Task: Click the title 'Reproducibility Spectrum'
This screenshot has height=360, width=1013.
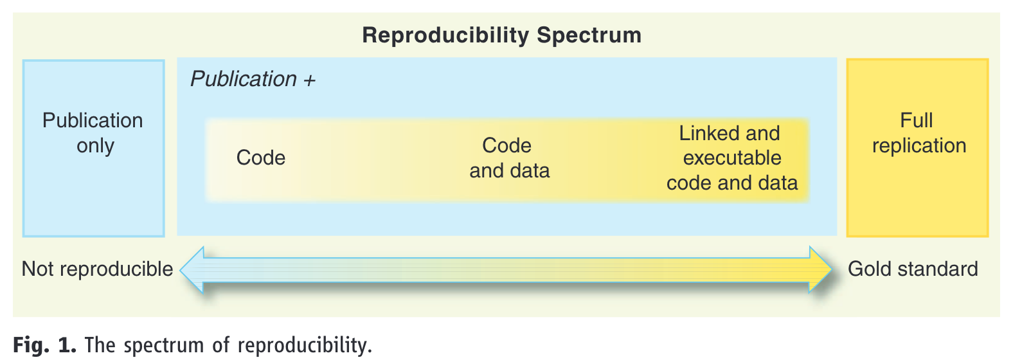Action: point(501,35)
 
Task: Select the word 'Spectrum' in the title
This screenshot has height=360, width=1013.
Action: point(589,36)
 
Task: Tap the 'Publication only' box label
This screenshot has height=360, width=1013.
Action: point(93,133)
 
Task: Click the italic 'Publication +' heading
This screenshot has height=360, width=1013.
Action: point(253,79)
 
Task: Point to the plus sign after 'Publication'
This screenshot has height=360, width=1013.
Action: point(309,80)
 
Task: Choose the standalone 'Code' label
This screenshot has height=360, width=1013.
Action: point(260,158)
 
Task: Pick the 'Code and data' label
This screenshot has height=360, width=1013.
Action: point(509,158)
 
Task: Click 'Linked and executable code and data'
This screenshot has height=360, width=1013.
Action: point(731,158)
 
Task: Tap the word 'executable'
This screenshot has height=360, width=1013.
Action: point(732,158)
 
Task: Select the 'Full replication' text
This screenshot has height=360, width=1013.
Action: point(919,133)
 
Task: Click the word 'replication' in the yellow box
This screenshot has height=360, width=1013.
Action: point(919,146)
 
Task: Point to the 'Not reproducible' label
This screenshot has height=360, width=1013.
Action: point(97,269)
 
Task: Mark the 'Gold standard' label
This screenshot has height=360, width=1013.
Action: point(913,269)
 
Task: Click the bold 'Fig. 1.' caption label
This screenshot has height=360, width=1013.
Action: point(44,345)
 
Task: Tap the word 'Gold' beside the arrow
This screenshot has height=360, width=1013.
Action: point(870,269)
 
